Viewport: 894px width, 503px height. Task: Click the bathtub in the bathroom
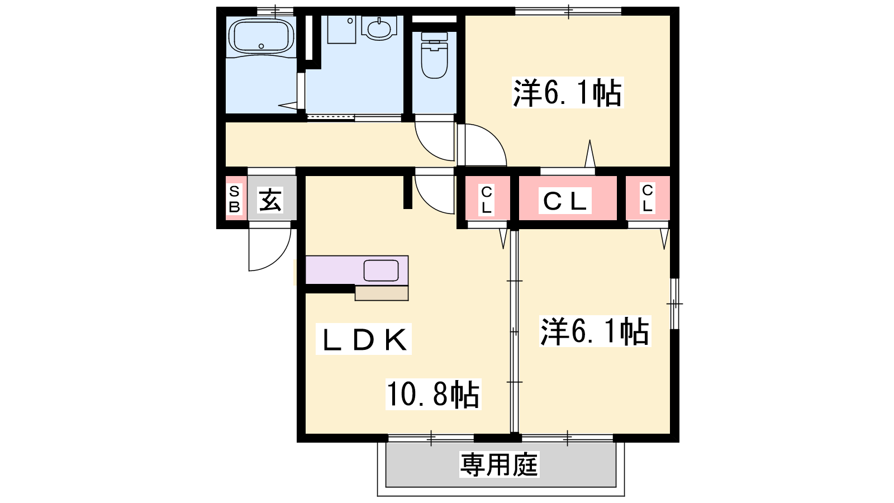(x=261, y=36)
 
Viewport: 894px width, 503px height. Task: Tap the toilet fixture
(x=434, y=55)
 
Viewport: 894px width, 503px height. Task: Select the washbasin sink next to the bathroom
(x=379, y=28)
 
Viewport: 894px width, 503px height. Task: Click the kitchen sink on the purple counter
(x=381, y=271)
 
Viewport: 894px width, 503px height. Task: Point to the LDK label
(x=364, y=339)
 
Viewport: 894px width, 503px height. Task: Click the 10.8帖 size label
(x=433, y=395)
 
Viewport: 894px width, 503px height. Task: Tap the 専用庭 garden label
(x=499, y=464)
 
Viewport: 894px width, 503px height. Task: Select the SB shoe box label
(x=234, y=199)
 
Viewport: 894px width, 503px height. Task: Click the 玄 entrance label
(x=270, y=200)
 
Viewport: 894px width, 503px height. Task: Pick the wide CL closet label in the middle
(x=565, y=201)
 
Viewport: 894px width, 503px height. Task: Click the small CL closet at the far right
(x=648, y=198)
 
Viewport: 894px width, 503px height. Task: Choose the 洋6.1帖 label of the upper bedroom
(x=568, y=93)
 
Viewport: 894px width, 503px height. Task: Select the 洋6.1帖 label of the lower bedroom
(x=595, y=331)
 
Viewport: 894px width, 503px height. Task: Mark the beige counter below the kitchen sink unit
(x=382, y=293)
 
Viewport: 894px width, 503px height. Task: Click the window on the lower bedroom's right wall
(x=674, y=304)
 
